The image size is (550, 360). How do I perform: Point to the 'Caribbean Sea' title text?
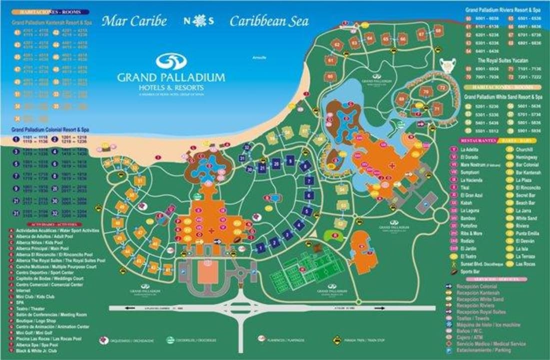[269, 21]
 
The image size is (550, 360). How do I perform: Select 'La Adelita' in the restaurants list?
[469, 149]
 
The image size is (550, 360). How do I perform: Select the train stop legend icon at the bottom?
[337, 339]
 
